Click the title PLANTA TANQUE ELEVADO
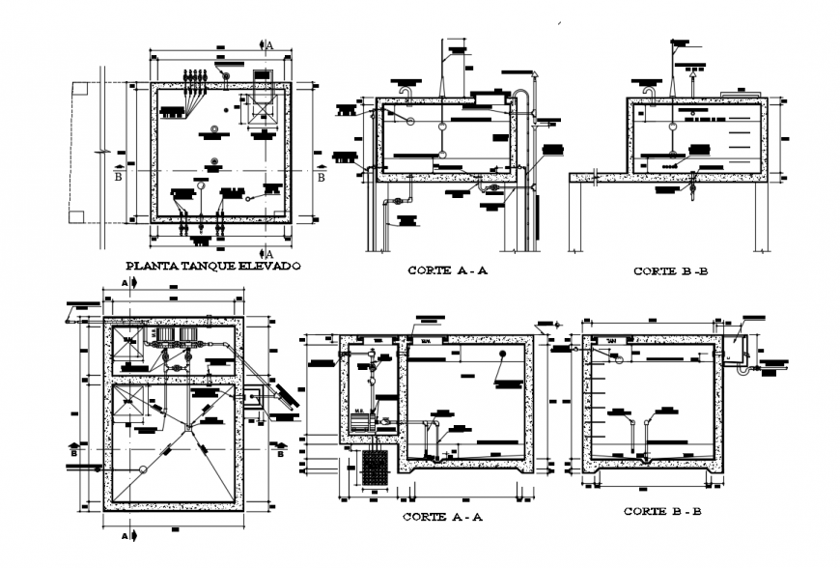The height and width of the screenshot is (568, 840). coord(213,265)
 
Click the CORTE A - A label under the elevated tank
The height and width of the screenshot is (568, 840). coord(447,271)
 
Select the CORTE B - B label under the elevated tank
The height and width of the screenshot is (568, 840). coord(670,271)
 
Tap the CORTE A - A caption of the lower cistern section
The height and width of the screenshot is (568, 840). coord(441,517)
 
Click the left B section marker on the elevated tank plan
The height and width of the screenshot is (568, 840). coord(118,177)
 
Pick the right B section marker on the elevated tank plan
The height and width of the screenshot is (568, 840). coord(322,177)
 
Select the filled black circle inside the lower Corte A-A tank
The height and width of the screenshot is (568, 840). coord(502,355)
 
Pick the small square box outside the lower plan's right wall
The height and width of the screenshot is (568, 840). coord(255,397)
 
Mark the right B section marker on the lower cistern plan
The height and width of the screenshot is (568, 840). coord(280,448)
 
